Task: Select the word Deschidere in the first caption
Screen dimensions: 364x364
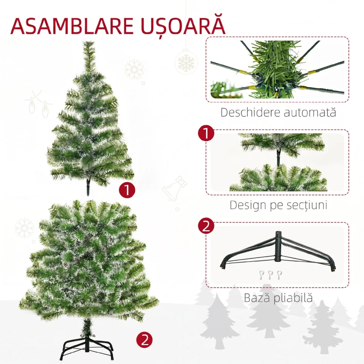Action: (x=248, y=112)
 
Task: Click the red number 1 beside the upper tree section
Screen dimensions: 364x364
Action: (x=127, y=190)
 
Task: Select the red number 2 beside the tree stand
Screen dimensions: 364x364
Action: (x=145, y=339)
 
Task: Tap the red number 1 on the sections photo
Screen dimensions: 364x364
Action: (x=207, y=134)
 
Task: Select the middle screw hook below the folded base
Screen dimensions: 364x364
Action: (x=271, y=275)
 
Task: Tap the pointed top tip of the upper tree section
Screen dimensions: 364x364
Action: (x=88, y=44)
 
